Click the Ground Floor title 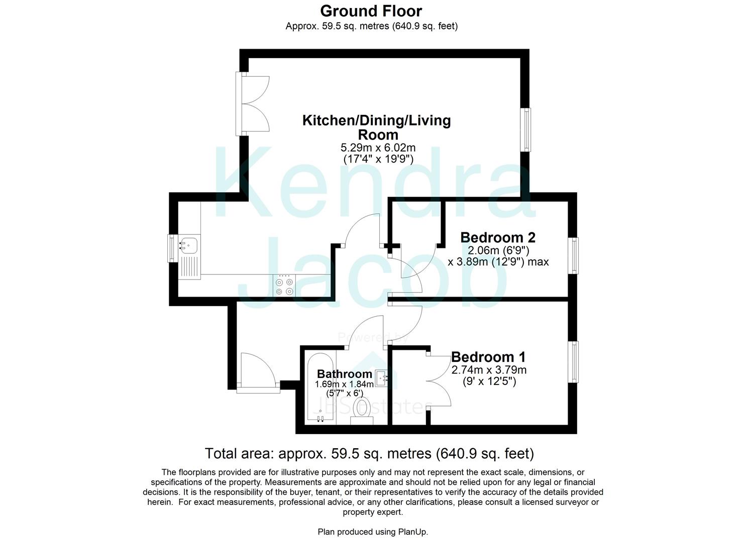click(371, 11)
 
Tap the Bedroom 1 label click(488, 357)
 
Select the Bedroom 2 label click(497, 237)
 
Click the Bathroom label click(344, 374)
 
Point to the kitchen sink click(189, 245)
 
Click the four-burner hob click(284, 286)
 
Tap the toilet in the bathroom click(362, 408)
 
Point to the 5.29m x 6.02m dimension click(378, 148)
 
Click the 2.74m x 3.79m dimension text click(489, 370)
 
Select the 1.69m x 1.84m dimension click(344, 384)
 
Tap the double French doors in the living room click(254, 103)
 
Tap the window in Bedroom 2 click(573, 255)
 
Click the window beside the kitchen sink click(172, 248)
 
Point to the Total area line click(369, 454)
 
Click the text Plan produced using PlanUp click(373, 532)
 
